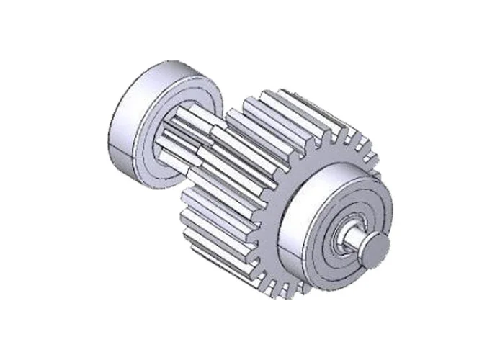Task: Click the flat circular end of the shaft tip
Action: click(x=376, y=248)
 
